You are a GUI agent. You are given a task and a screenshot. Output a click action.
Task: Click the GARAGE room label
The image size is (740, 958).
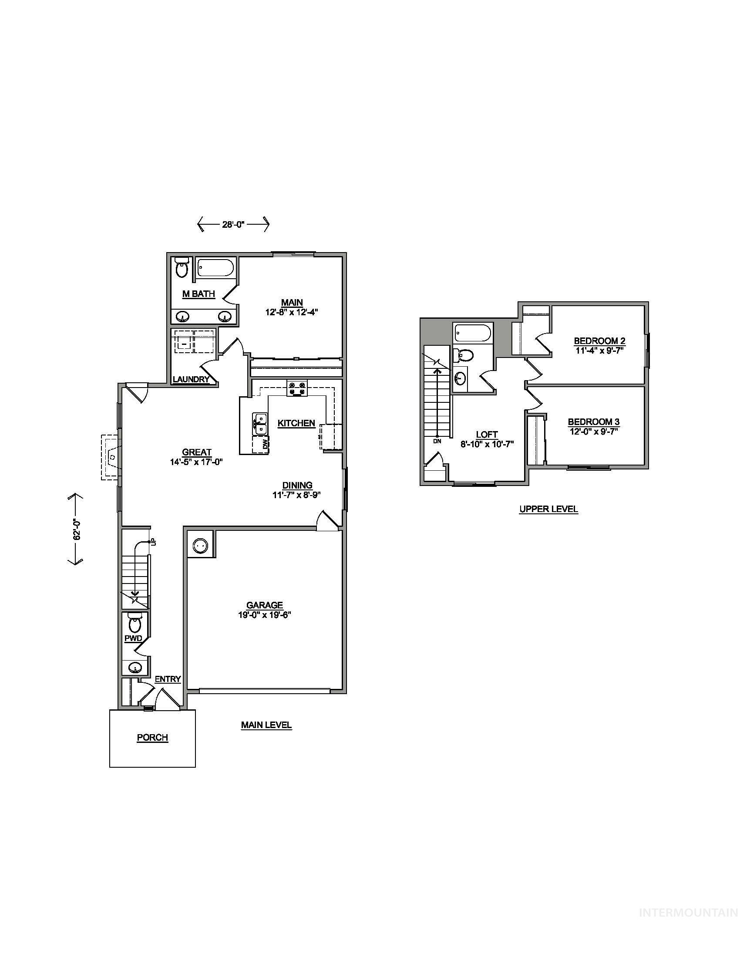pyautogui.click(x=264, y=605)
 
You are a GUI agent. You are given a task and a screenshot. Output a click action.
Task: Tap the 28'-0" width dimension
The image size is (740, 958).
pyautogui.click(x=233, y=225)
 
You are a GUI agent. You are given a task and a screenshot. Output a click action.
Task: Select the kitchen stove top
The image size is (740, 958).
pyautogui.click(x=297, y=388)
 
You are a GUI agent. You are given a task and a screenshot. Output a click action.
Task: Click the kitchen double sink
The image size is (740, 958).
pyautogui.click(x=260, y=424)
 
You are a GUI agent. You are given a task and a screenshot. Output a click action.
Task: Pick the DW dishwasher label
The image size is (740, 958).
pyautogui.click(x=265, y=444)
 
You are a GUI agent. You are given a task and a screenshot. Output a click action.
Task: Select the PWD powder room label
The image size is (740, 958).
pyautogui.click(x=133, y=638)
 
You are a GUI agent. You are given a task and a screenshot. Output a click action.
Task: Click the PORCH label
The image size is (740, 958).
pyautogui.click(x=152, y=737)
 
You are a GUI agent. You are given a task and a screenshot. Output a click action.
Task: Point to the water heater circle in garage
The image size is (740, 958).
pyautogui.click(x=200, y=545)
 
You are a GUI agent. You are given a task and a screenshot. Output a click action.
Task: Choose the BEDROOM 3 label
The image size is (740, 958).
pyautogui.click(x=594, y=422)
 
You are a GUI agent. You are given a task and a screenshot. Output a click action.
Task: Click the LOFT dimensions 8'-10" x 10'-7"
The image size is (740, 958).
pyautogui.click(x=487, y=443)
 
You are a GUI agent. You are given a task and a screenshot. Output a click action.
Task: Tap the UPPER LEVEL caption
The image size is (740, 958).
pyautogui.click(x=548, y=509)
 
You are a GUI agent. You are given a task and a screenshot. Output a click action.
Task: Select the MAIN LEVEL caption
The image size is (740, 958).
pyautogui.click(x=266, y=725)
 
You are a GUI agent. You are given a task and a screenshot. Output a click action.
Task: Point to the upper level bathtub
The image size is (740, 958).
pyautogui.click(x=473, y=334)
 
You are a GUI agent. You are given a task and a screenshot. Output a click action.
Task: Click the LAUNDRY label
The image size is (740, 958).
pyautogui.click(x=191, y=379)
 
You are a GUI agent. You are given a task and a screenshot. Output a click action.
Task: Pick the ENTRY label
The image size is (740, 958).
pyautogui.click(x=168, y=679)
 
